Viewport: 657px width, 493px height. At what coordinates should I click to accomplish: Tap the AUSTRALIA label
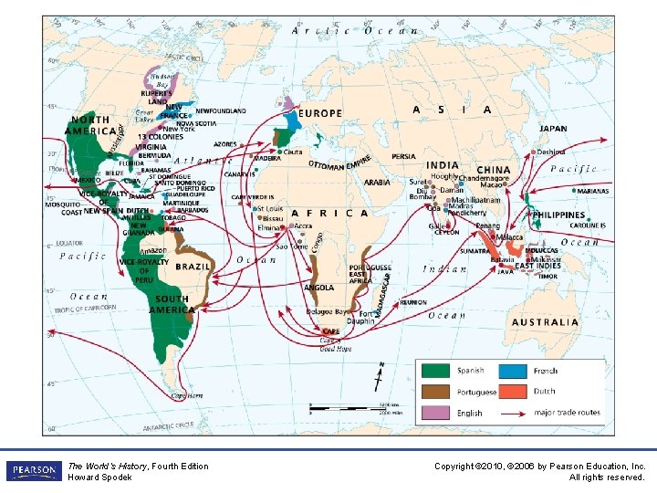point(545,322)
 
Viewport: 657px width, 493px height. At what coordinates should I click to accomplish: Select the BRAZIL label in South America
point(193,267)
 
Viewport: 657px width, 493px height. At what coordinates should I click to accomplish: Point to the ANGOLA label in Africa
point(318,288)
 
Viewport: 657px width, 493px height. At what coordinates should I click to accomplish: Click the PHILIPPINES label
point(558,215)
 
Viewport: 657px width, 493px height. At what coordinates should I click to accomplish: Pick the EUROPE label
point(320,114)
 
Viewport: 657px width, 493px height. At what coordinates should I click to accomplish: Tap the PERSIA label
point(403,157)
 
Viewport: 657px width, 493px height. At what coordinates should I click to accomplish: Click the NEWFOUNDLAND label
point(221,111)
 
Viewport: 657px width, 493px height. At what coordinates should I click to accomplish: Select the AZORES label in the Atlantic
point(225,144)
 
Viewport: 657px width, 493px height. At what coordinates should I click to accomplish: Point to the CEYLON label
point(446,232)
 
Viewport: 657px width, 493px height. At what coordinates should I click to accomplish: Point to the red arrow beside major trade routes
point(517,413)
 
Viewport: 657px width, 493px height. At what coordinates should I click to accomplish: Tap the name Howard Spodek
point(99,477)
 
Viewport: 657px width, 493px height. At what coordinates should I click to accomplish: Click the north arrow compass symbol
point(381,375)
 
